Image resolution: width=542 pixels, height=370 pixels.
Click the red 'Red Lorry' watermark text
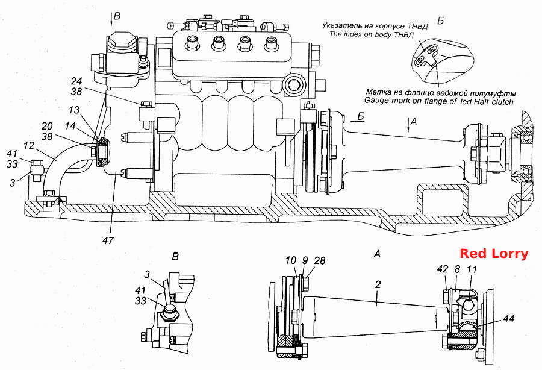click(494, 254)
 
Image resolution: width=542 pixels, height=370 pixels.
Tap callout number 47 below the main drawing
click(108, 240)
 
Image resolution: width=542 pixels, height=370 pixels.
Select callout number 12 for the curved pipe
click(29, 146)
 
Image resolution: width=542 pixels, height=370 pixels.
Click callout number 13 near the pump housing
click(74, 110)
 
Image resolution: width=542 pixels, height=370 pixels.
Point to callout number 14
click(70, 125)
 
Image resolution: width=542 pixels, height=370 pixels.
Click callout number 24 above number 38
click(76, 81)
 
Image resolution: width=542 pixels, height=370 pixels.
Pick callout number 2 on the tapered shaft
click(378, 284)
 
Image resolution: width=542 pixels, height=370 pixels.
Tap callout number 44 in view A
click(508, 318)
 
